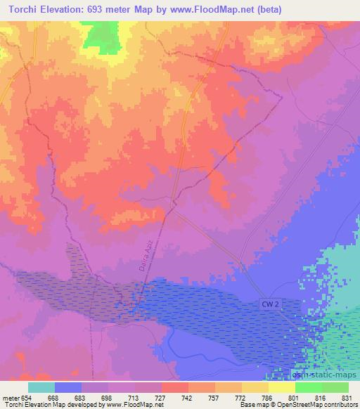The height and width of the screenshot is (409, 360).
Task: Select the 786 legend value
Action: click(268, 398)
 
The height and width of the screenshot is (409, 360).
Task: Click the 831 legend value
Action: click(347, 398)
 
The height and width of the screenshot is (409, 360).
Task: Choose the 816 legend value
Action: click(321, 398)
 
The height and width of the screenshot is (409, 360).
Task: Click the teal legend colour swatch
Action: click(41, 387)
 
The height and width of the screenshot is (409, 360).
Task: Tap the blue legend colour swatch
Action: click(68, 387)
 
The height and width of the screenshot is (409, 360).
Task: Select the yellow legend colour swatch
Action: click(281, 387)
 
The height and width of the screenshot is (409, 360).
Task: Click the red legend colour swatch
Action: click(174, 387)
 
